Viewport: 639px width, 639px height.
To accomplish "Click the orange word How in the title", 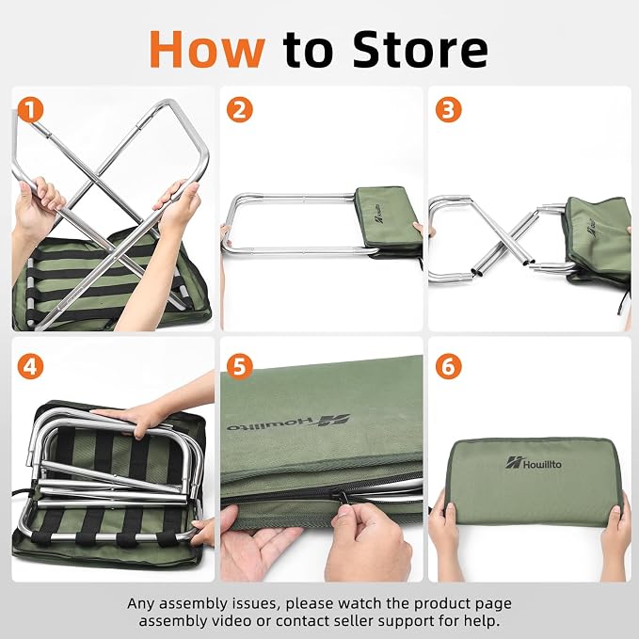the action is click(207, 49).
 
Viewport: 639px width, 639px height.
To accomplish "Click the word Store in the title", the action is click(420, 49).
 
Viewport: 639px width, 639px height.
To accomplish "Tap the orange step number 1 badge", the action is click(30, 109).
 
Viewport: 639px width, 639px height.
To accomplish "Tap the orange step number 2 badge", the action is click(240, 109).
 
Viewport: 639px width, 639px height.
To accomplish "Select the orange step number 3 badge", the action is click(449, 109).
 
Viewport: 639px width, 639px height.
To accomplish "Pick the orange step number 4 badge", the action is click(30, 366).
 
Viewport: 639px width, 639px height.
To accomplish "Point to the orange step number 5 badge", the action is click(240, 366).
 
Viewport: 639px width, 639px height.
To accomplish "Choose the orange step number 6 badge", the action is click(449, 366).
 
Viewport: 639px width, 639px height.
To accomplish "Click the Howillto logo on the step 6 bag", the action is click(534, 463).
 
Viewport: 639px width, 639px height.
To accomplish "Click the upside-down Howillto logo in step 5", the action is click(289, 423).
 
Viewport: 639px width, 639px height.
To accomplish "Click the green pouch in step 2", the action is click(388, 220).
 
